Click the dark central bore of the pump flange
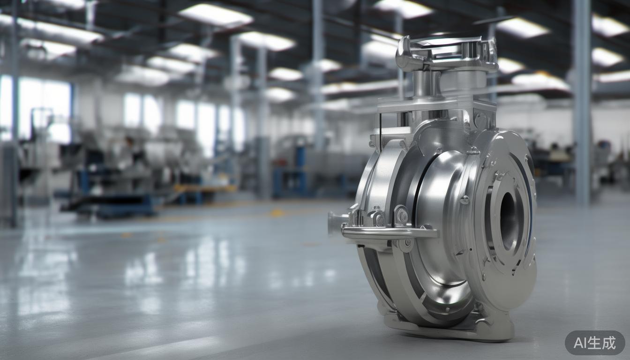[x=508, y=220]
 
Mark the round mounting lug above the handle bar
[x=401, y=215]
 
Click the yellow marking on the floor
[x=277, y=213]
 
